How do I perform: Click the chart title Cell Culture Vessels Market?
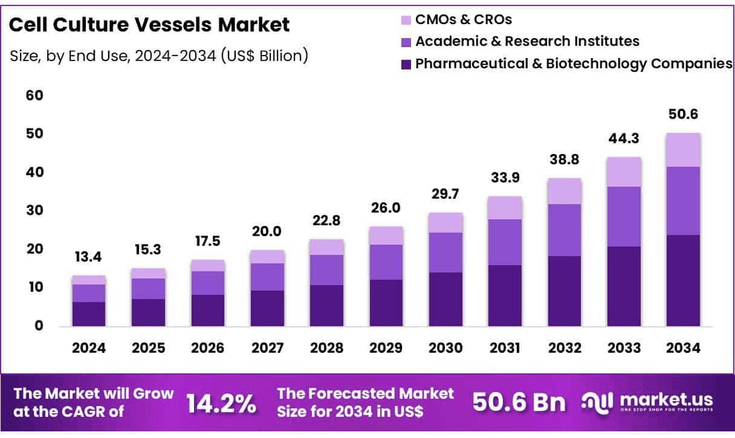(150, 25)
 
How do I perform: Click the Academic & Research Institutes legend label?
(527, 41)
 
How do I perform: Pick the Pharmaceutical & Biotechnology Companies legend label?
(574, 63)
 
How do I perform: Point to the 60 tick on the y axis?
(35, 95)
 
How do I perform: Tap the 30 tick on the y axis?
(35, 211)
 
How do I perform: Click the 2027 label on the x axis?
(267, 348)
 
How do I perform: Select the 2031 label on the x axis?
(504, 348)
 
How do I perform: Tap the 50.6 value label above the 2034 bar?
(683, 115)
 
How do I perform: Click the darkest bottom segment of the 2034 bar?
(683, 281)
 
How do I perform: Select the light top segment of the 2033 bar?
(624, 172)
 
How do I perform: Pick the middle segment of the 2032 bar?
(565, 230)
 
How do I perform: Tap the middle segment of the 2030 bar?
(445, 253)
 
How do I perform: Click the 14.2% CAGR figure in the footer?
(220, 404)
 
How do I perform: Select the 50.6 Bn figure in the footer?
(519, 402)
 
